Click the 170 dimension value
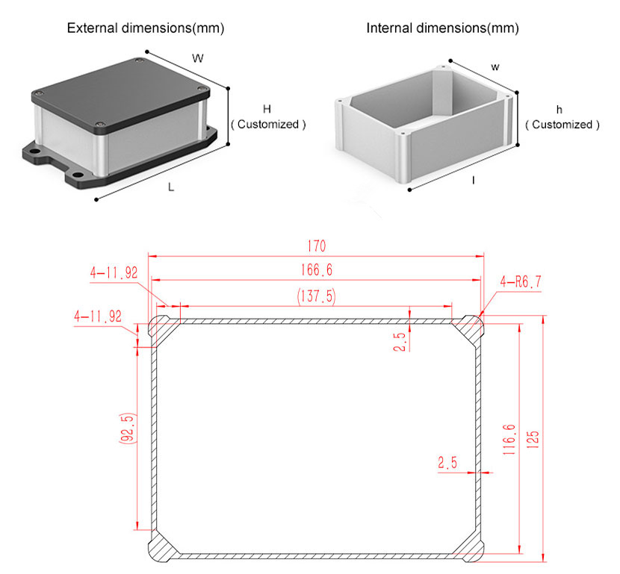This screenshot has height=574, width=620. pyautogui.click(x=317, y=246)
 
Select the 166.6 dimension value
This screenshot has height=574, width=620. pyautogui.click(x=317, y=270)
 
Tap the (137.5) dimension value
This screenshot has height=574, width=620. pyautogui.click(x=316, y=296)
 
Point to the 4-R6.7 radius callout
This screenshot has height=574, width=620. pyautogui.click(x=521, y=281)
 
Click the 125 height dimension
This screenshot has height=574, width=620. pyautogui.click(x=533, y=440)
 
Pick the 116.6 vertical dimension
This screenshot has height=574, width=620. pyautogui.click(x=509, y=440)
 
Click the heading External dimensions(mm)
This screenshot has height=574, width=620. pyautogui.click(x=146, y=28)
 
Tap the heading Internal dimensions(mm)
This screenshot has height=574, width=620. pyautogui.click(x=442, y=28)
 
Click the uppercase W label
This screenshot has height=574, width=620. pyautogui.click(x=198, y=58)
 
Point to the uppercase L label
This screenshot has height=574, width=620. pyautogui.click(x=171, y=187)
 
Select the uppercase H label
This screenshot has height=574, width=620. pyautogui.click(x=267, y=109)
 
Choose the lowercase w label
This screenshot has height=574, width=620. pyautogui.click(x=495, y=67)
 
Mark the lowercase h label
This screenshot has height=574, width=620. pyautogui.click(x=559, y=110)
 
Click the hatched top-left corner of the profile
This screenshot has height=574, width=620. pyautogui.click(x=164, y=328)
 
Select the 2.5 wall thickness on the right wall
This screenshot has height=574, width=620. pyautogui.click(x=447, y=462)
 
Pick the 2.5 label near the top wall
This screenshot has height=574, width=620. pyautogui.click(x=400, y=342)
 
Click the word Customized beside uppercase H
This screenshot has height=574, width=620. pyautogui.click(x=268, y=125)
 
